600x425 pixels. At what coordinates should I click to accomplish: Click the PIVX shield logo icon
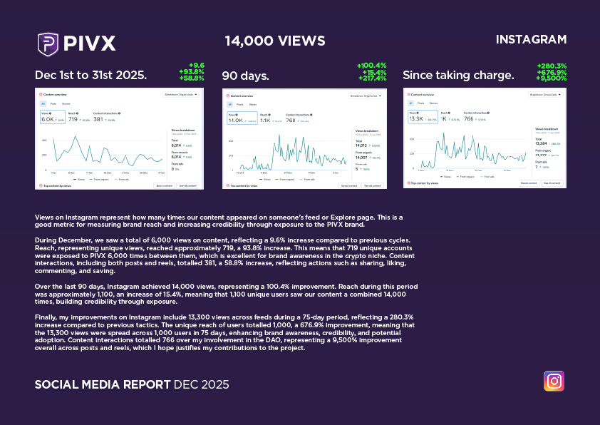click(48, 43)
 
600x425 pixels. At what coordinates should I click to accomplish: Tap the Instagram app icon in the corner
click(554, 381)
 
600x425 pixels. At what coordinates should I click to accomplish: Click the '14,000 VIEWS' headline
click(274, 41)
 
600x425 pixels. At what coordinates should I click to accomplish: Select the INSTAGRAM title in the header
click(531, 39)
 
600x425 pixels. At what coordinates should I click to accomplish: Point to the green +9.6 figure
click(196, 65)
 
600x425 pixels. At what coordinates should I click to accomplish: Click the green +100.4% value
click(371, 66)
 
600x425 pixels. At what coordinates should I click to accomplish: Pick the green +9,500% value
click(552, 78)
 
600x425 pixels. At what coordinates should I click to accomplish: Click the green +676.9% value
click(552, 72)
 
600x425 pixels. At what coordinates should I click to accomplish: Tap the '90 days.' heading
click(245, 76)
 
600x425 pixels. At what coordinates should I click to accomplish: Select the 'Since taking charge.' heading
click(458, 76)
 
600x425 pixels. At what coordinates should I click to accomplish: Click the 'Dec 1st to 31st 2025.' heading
click(90, 76)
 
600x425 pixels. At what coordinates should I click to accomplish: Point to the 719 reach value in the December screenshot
click(73, 120)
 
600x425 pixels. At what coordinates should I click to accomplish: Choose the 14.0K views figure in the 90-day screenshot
click(235, 121)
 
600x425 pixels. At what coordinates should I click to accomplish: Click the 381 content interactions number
click(98, 120)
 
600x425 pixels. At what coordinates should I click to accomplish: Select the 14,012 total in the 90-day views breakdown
click(361, 145)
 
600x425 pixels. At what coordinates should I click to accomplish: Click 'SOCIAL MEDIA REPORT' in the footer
click(102, 384)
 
